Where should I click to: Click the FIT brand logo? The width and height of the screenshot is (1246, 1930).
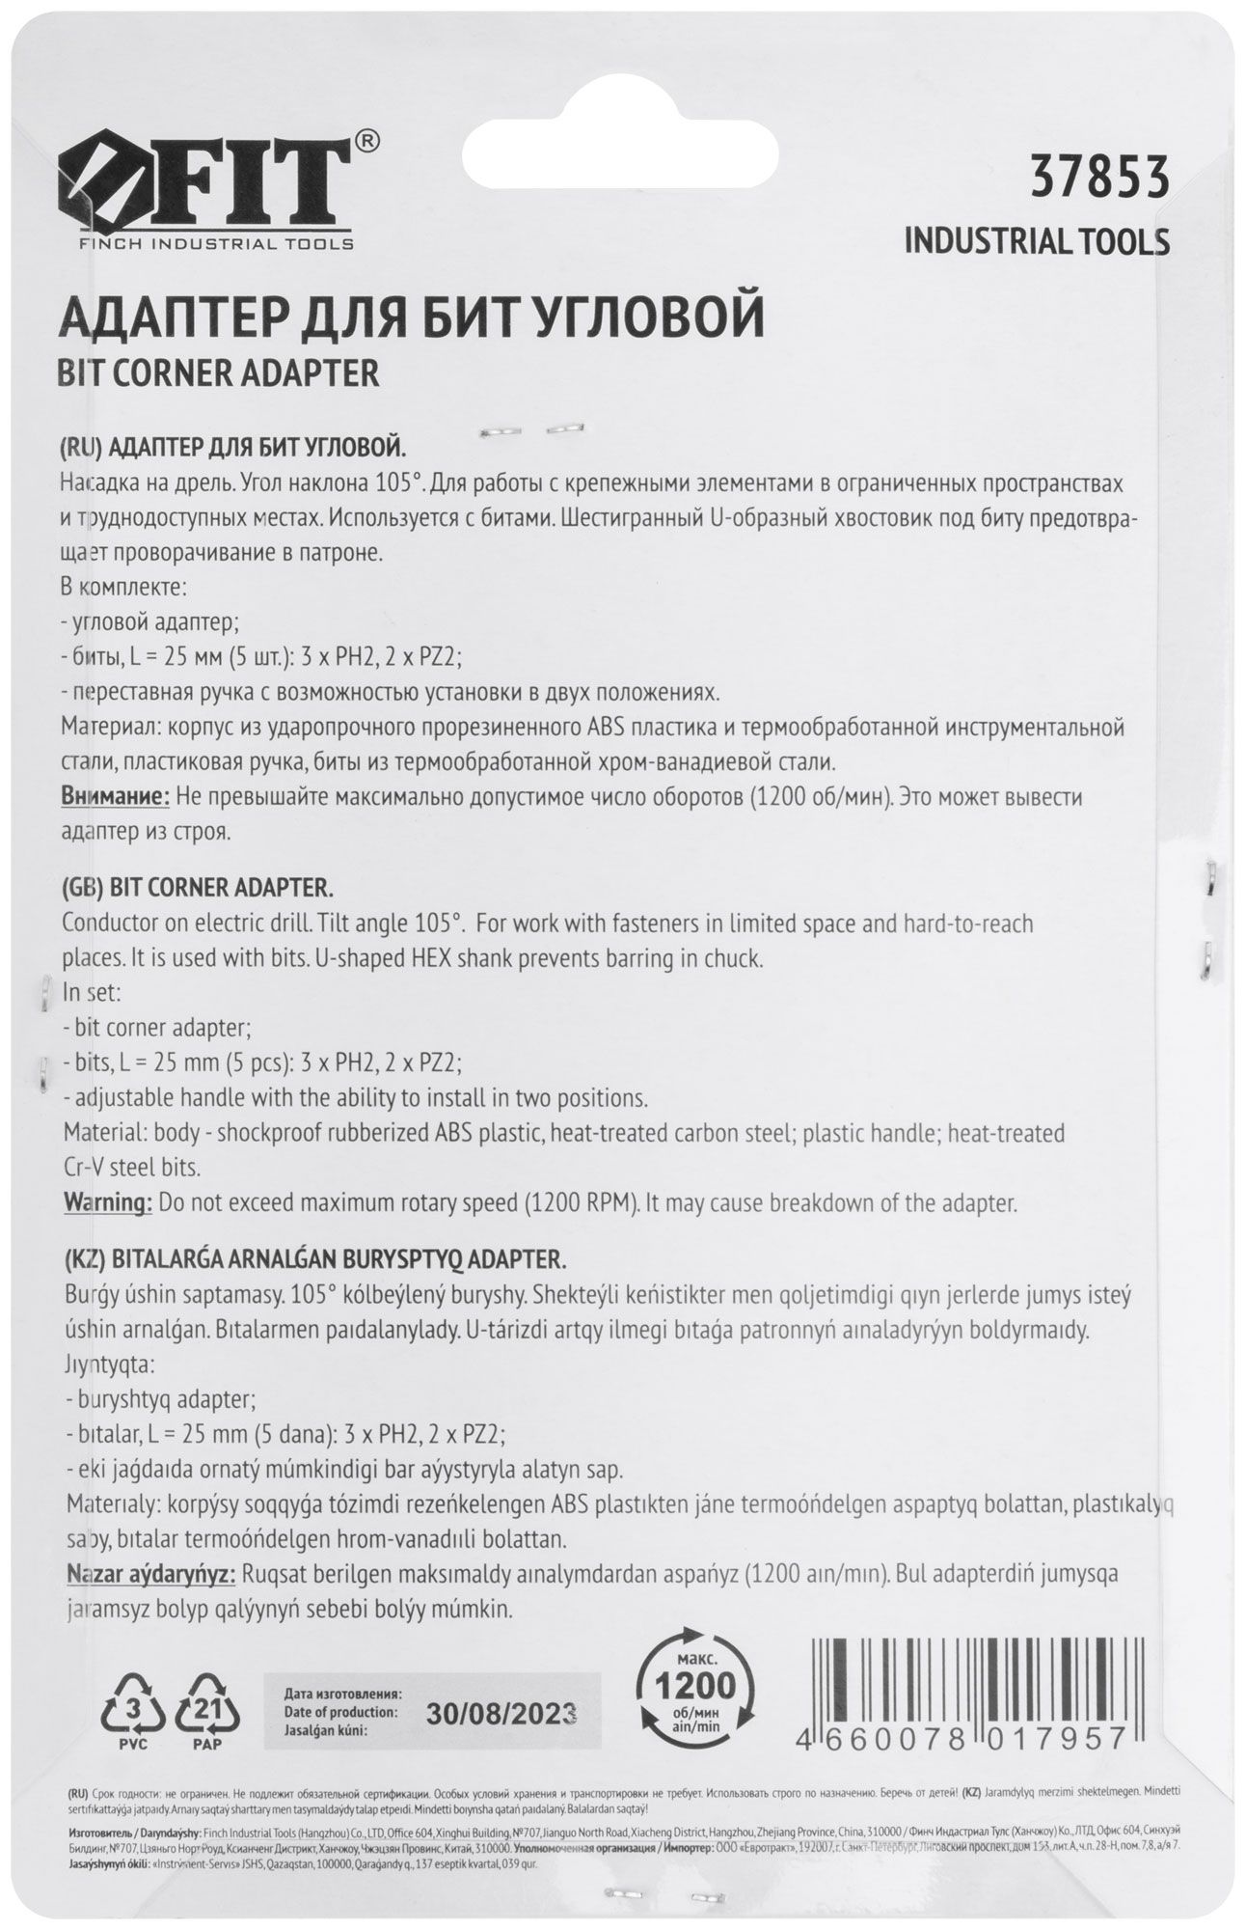click(207, 187)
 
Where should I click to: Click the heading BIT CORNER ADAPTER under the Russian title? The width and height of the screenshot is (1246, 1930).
click(219, 373)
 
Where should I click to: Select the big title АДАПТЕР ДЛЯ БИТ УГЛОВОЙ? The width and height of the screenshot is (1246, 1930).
click(413, 319)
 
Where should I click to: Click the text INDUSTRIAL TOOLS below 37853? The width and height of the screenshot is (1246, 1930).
click(1037, 242)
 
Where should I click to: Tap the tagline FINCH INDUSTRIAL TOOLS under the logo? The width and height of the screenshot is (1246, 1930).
click(215, 244)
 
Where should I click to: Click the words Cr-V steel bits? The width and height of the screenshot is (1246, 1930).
click(131, 1168)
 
